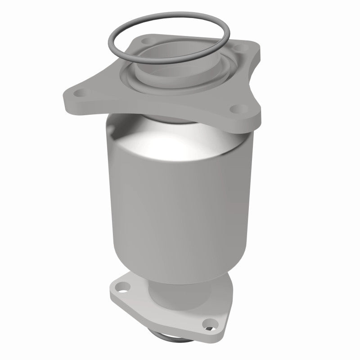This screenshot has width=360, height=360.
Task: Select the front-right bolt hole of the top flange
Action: point(237,108)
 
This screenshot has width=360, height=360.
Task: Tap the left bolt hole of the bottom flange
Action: point(121,285)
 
